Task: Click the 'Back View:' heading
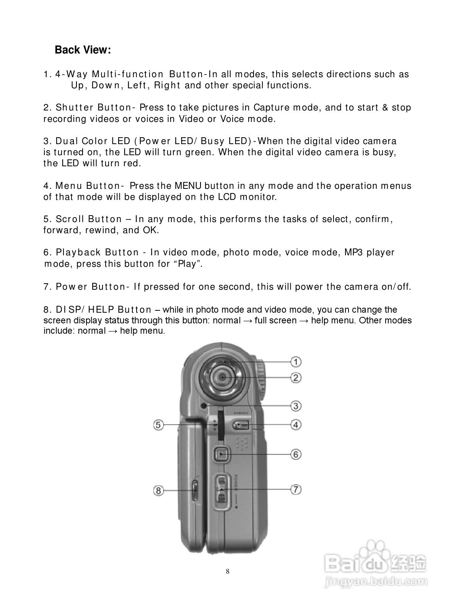tap(83, 50)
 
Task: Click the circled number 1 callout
tap(296, 362)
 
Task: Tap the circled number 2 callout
tap(296, 378)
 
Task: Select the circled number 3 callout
tap(296, 406)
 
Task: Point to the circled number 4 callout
tap(296, 424)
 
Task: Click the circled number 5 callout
tap(158, 425)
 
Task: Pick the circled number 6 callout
tap(296, 454)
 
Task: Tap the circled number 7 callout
tap(296, 489)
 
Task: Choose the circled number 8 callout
tap(158, 490)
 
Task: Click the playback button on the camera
tap(221, 454)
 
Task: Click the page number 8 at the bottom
tap(228, 571)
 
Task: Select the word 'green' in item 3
tap(199, 152)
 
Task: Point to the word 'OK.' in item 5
tap(151, 230)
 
